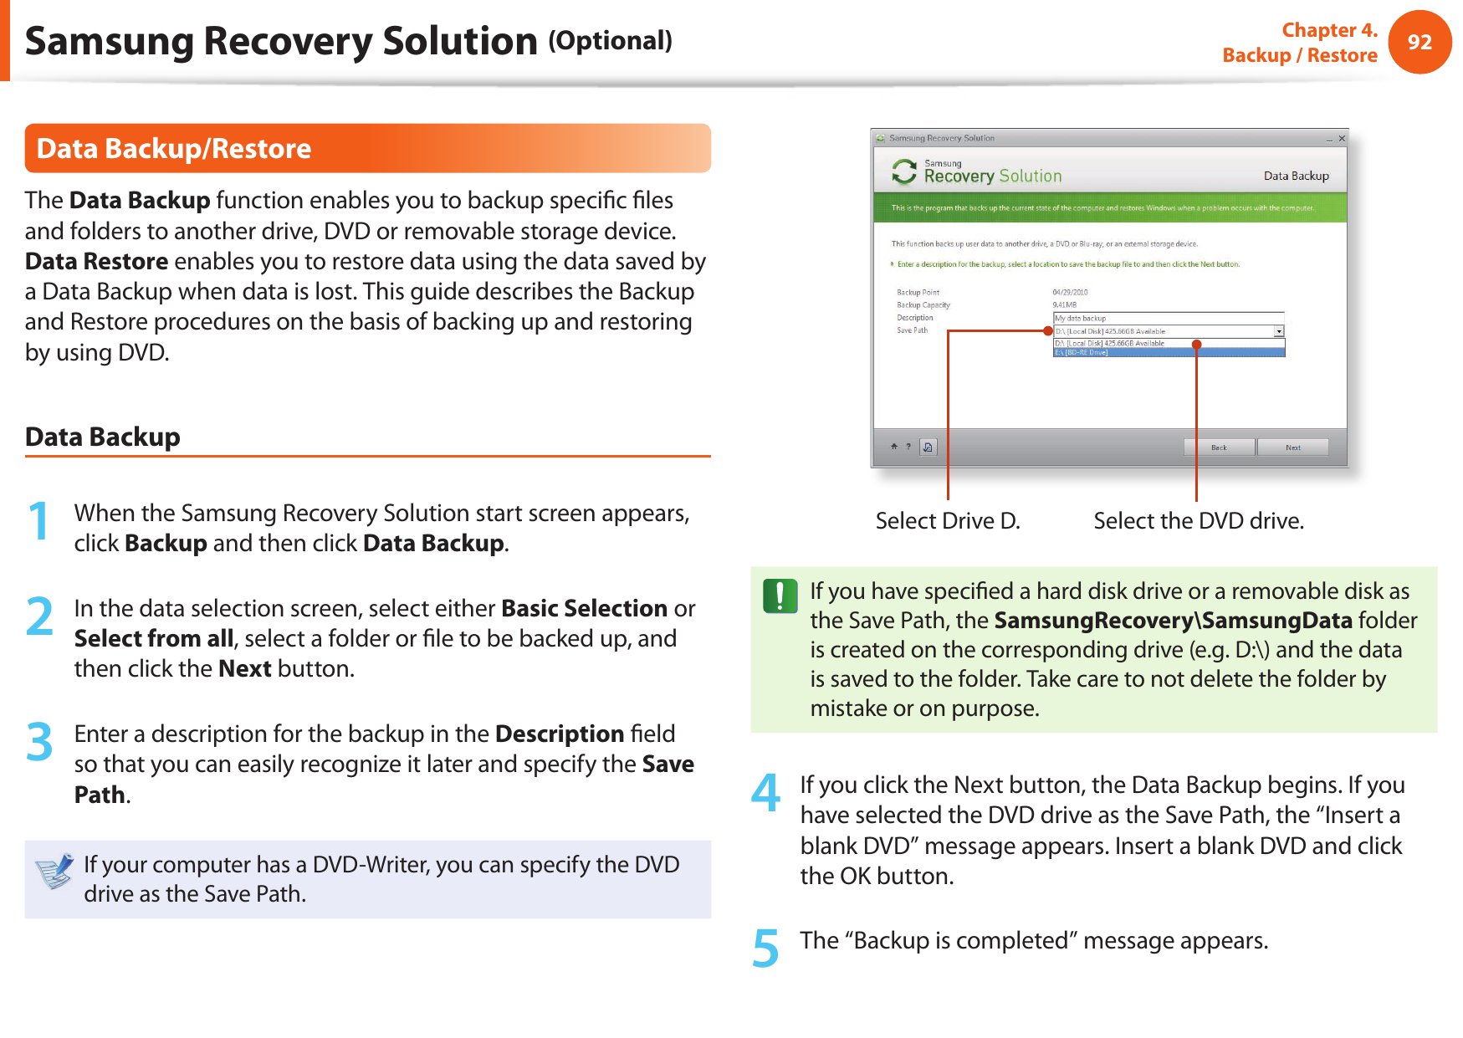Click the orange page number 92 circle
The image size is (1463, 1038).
1419,43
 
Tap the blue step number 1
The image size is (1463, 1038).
38,521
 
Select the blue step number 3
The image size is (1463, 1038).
39,743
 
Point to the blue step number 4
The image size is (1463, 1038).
765,792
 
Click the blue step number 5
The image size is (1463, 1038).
765,949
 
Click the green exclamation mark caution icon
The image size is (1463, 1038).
780,596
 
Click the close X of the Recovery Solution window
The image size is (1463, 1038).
1342,139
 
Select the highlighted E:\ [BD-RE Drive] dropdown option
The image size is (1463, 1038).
1168,353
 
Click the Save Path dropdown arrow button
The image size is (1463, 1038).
1279,331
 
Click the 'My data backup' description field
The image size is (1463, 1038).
1168,318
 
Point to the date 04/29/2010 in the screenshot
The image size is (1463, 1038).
1070,293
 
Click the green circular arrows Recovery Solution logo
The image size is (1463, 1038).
903,172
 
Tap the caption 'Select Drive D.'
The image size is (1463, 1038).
948,521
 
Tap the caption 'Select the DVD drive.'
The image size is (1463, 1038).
1199,521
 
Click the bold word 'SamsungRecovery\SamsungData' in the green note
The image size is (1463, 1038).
1173,621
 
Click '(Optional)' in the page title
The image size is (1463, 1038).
611,40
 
